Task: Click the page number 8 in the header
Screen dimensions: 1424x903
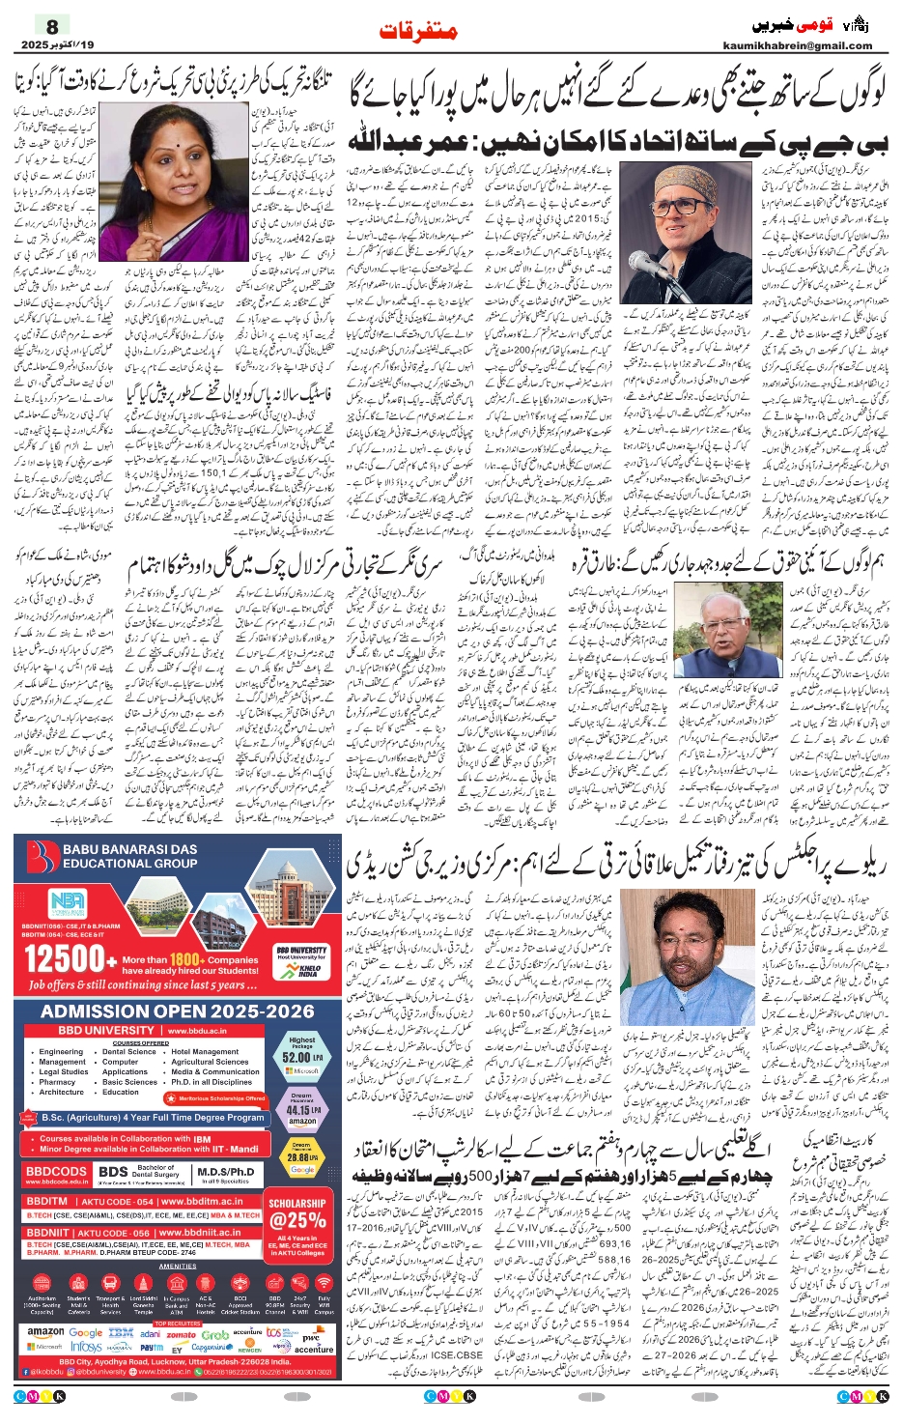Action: (52, 26)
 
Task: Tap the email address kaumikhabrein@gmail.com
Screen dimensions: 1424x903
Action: (797, 45)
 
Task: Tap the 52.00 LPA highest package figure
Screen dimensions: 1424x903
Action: (302, 1057)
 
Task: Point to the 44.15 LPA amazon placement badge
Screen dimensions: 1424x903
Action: (302, 1110)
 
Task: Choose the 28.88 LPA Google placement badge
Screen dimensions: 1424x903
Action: (302, 1156)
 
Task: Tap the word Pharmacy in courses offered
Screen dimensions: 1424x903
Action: (58, 1082)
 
